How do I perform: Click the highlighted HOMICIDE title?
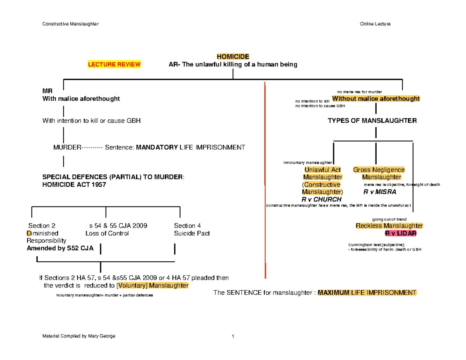[x=233, y=57]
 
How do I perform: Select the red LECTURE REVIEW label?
[x=114, y=64]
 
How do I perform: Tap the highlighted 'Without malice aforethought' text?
[x=376, y=99]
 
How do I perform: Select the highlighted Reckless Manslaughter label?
[x=389, y=226]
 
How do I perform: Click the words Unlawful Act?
[x=322, y=170]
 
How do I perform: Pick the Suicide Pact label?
[x=192, y=233]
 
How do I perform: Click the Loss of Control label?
[x=107, y=233]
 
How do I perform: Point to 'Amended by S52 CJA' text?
[x=60, y=249]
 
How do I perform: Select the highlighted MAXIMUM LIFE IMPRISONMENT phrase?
[x=367, y=292]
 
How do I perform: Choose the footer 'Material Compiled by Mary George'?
[x=79, y=336]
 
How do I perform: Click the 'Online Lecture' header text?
[x=375, y=24]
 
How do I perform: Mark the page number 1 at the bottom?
[x=233, y=336]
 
